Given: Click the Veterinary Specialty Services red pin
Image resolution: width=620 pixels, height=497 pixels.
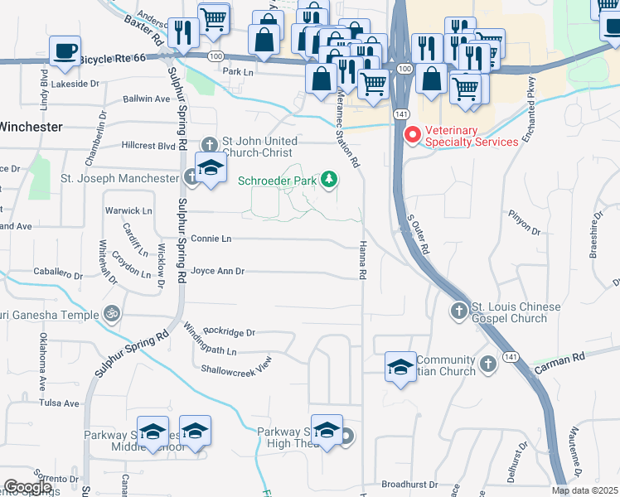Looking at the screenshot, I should coord(411,134).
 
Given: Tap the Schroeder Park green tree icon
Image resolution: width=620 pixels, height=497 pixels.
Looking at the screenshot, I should coord(330,179).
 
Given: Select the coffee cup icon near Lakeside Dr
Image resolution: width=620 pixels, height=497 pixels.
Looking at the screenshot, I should coord(65,51).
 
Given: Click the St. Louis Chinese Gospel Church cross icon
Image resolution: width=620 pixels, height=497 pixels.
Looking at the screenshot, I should coord(458,311).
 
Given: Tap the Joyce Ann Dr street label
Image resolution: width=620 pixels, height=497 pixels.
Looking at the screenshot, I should coord(218,271).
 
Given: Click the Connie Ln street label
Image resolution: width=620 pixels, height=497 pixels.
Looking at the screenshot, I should coord(211,239).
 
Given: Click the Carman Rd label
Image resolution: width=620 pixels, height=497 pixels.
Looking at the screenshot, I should coord(566,358).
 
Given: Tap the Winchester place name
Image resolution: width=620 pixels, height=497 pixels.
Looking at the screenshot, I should coord(30,127).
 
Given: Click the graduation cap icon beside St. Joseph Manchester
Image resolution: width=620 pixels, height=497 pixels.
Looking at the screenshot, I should coord(211,169).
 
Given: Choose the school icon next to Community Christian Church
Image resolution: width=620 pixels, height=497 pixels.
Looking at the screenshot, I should coord(400,366).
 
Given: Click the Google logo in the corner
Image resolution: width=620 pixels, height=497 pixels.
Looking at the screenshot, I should coord(27,488).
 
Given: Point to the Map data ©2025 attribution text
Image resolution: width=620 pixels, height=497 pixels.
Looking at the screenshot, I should coord(585,490).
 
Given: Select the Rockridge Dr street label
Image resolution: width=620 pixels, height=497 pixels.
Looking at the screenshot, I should coord(228,332).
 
